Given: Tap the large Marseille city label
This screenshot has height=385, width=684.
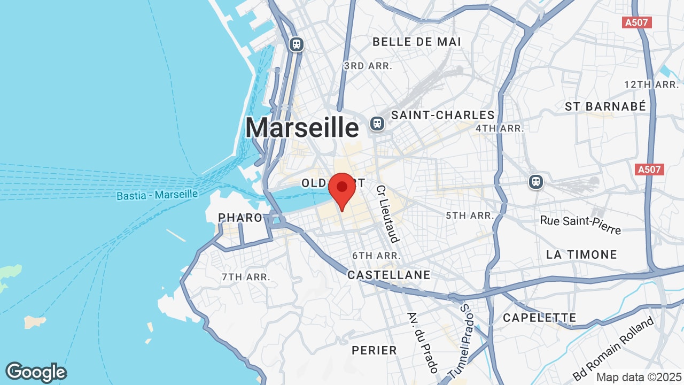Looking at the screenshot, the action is coord(302,128).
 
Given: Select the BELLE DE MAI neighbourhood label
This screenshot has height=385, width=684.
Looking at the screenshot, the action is coord(416,42).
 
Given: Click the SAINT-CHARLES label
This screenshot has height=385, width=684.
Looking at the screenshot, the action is coord(443,115).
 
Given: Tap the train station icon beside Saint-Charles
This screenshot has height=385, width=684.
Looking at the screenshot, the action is coord(377,124).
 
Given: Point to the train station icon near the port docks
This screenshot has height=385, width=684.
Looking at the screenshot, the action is coord(296,44).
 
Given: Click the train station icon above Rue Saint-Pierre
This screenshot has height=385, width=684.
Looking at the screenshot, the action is coord(535,182).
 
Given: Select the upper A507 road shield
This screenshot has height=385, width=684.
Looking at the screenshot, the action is coord(638,22).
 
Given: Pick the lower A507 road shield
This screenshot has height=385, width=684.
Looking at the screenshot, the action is coord(650,170).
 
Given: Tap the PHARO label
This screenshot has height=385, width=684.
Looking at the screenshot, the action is coord(240,218).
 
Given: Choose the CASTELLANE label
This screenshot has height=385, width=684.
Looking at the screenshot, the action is coord(388,275).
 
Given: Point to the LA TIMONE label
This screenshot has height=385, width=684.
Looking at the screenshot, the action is coord(581,255).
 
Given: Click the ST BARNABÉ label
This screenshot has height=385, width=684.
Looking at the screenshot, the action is coord(605,106).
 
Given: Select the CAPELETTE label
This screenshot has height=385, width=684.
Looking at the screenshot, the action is coord(540,318).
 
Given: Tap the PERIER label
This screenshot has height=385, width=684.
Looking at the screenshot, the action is coord(374,350).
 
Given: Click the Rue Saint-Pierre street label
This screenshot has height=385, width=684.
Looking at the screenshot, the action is coord(580,225).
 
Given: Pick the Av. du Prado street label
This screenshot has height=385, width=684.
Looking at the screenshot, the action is coord(423,342).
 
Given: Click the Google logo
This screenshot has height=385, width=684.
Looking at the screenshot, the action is coord(36,372).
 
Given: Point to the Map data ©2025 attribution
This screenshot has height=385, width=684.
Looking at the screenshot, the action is coord(639,376).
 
